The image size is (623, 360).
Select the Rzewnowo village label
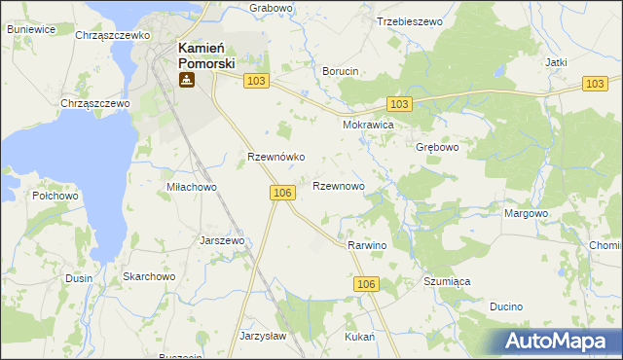(x=339, y=185)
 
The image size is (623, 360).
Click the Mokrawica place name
(x=367, y=126)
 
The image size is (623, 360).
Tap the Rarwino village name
(x=367, y=245)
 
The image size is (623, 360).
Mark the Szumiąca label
(x=447, y=281)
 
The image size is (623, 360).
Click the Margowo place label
(x=527, y=213)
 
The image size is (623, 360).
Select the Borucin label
(x=341, y=71)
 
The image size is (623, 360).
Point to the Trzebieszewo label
(x=409, y=20)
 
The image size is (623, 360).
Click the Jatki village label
(x=557, y=62)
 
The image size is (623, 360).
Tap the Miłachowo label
(x=192, y=187)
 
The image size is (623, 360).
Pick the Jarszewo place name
(x=222, y=239)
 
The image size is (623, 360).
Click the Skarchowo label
(x=148, y=276)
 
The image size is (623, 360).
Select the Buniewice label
(x=30, y=30)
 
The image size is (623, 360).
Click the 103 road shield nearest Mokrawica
(x=398, y=103)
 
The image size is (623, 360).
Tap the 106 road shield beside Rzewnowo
(x=282, y=194)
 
